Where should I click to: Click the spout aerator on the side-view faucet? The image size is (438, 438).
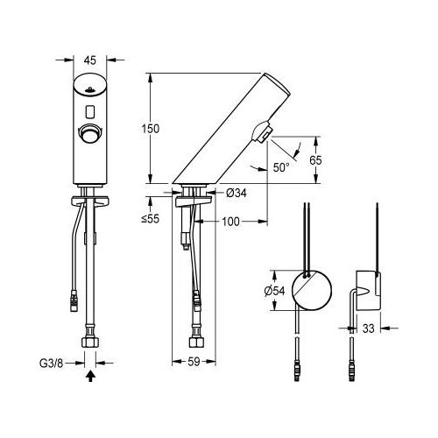point(261,133)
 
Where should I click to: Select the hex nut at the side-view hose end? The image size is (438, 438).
point(197,336)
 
